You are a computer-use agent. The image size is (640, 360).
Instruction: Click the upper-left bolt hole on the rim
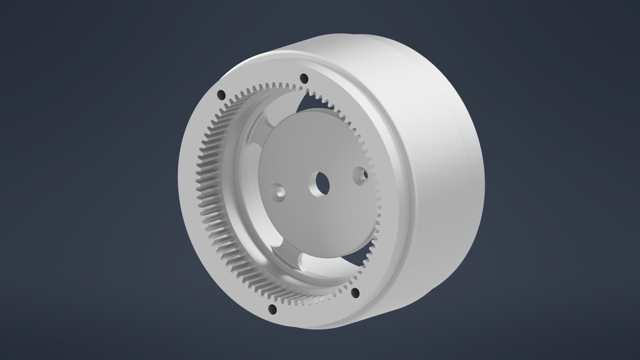tap(221, 93)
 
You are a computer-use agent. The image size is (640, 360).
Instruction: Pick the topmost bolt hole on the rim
tap(304, 77)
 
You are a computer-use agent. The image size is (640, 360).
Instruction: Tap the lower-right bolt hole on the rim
tap(355, 292)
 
